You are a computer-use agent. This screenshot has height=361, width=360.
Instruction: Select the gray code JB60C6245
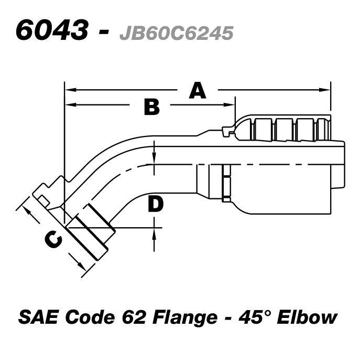coord(176,33)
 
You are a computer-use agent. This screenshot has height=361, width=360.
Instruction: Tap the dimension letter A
coord(197,91)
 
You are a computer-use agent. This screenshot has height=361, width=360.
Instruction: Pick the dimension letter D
coord(156,204)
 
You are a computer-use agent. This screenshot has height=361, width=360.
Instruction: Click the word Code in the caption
coord(93,317)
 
